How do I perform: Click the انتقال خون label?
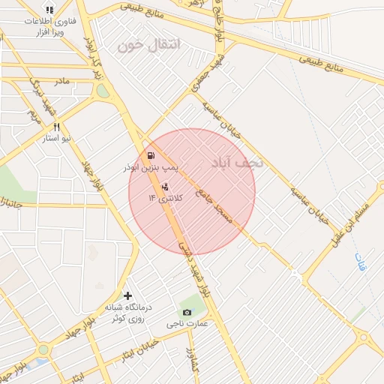coord(150,45)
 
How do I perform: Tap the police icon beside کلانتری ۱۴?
coord(165,185)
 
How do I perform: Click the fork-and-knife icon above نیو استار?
coord(56,127)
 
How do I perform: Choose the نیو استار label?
coord(56,139)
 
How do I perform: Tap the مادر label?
coord(61,79)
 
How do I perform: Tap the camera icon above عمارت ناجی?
coord(186,312)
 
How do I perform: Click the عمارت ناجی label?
coord(185,324)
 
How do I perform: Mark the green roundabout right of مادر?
coord(102,91)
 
